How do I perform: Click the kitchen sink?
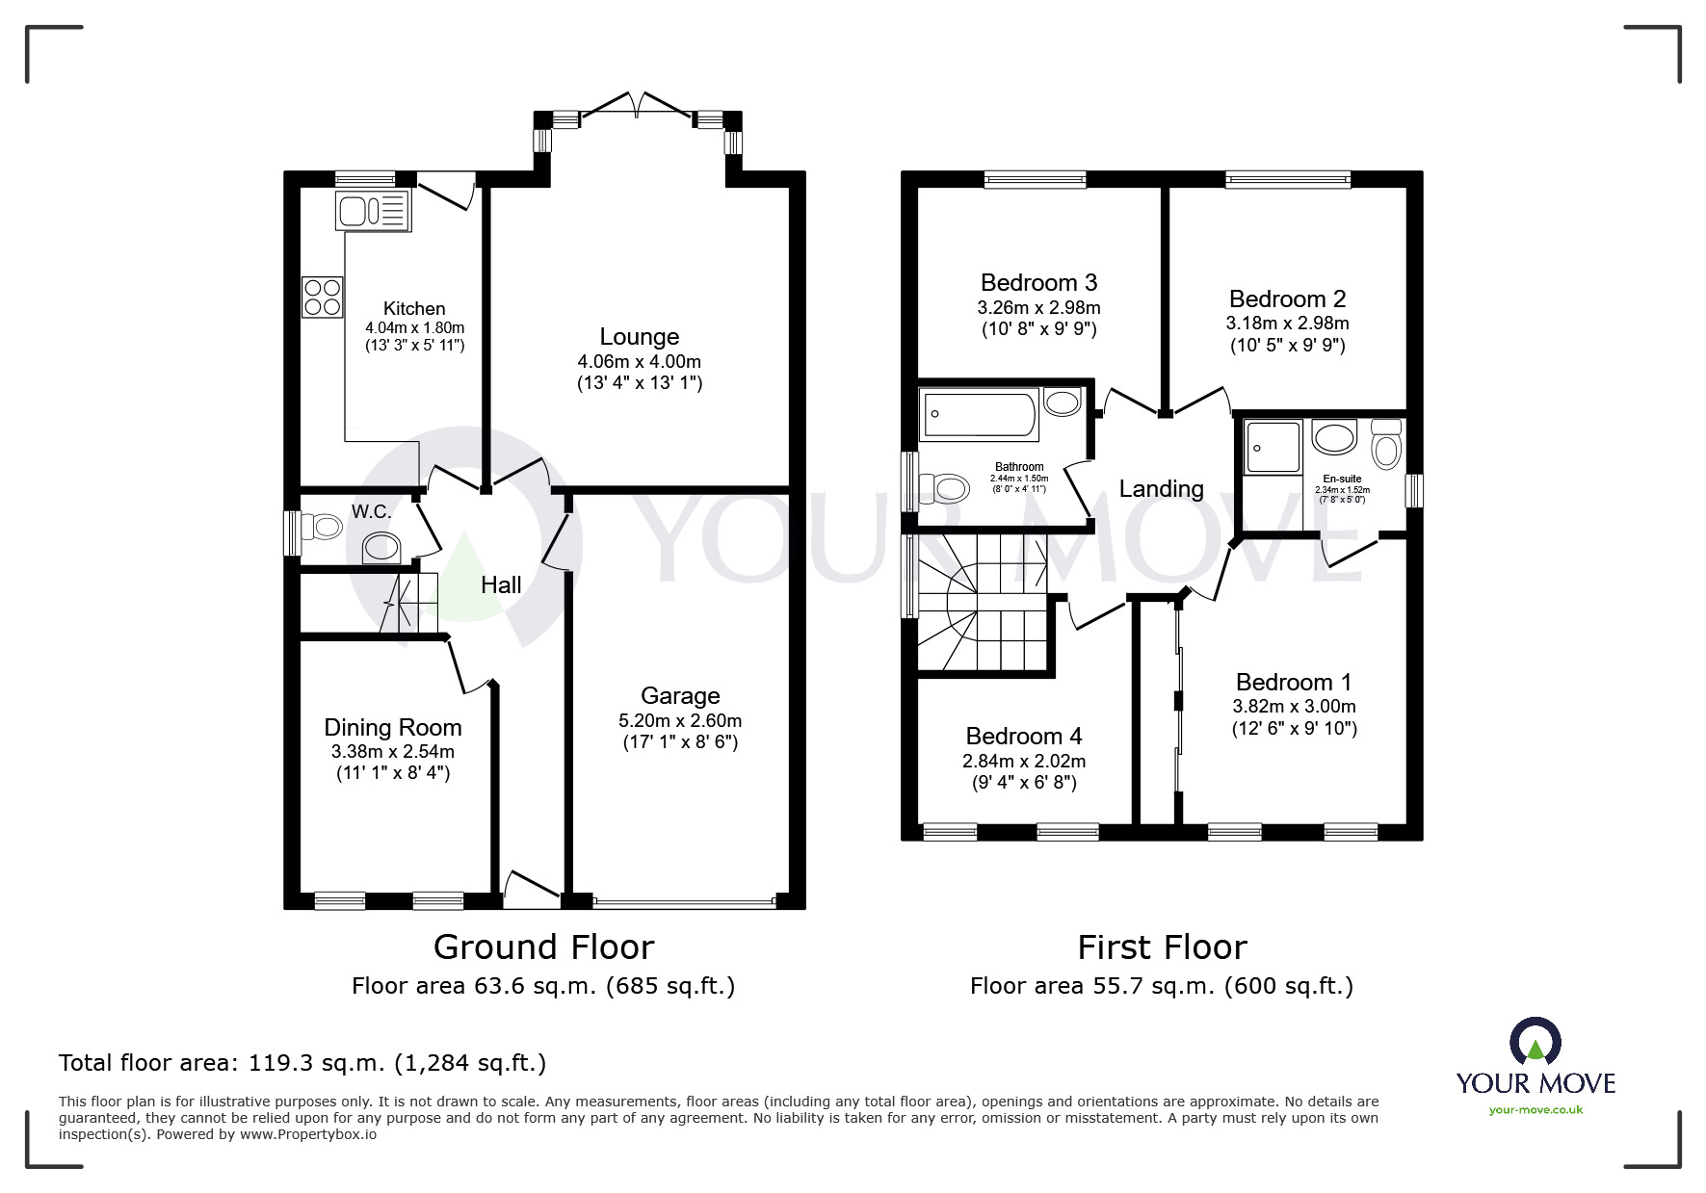pyautogui.click(x=373, y=210)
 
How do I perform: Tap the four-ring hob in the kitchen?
pyautogui.click(x=323, y=297)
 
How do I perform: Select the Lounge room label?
pyautogui.click(x=640, y=336)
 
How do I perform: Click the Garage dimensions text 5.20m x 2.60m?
pyautogui.click(x=680, y=720)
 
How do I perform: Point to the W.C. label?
pyautogui.click(x=371, y=511)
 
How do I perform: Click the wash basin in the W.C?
pyautogui.click(x=381, y=548)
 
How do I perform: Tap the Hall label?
pyautogui.click(x=501, y=584)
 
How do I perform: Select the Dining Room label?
pyautogui.click(x=393, y=728)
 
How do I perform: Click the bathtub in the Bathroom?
pyautogui.click(x=979, y=415)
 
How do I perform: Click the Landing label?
pyautogui.click(x=1161, y=488)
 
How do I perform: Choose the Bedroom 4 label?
pyautogui.click(x=1024, y=736)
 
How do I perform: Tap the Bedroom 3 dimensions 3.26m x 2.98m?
pyautogui.click(x=1038, y=308)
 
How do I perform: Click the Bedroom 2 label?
pyautogui.click(x=1287, y=298)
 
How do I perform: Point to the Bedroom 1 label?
pyautogui.click(x=1294, y=682)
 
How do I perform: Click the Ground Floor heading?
pyautogui.click(x=544, y=947)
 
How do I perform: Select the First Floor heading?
pyautogui.click(x=1162, y=947)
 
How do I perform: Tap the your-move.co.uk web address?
pyautogui.click(x=1535, y=1109)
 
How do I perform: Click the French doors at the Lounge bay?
pyautogui.click(x=636, y=106)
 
